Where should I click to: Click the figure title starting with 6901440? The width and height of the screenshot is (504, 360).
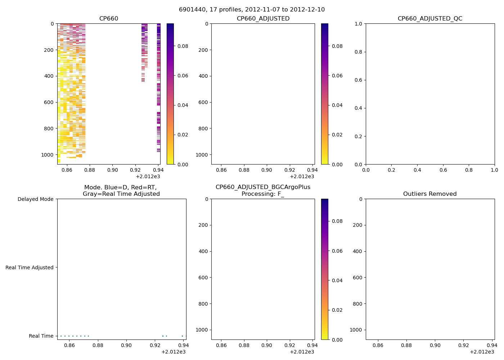[x=252, y=10]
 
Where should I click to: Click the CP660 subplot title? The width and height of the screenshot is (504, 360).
[x=109, y=19]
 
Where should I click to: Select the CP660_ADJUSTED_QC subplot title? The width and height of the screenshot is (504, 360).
[x=430, y=19]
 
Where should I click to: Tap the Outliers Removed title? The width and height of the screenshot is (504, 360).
[x=430, y=194]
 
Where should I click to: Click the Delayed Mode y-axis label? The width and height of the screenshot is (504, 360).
[x=35, y=199]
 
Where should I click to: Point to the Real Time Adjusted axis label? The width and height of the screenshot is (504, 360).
[x=30, y=267]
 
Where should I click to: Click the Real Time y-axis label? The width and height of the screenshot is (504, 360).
[x=41, y=336]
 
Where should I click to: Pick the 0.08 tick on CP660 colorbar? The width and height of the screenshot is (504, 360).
[x=183, y=46]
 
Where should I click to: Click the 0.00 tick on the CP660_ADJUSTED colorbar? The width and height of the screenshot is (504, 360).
[x=337, y=165]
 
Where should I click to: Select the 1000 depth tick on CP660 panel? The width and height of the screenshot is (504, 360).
[x=48, y=155]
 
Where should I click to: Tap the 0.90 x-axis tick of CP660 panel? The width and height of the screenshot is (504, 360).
[x=112, y=170]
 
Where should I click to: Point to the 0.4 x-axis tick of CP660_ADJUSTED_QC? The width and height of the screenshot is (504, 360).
[x=417, y=170]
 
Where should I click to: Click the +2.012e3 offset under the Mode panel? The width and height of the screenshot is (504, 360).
[x=174, y=352]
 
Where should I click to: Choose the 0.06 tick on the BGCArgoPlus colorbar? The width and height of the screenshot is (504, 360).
[x=337, y=251]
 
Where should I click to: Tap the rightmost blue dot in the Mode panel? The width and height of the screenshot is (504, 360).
[x=186, y=336]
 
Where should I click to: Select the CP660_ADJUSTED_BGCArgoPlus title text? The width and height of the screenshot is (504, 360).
[x=263, y=187]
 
